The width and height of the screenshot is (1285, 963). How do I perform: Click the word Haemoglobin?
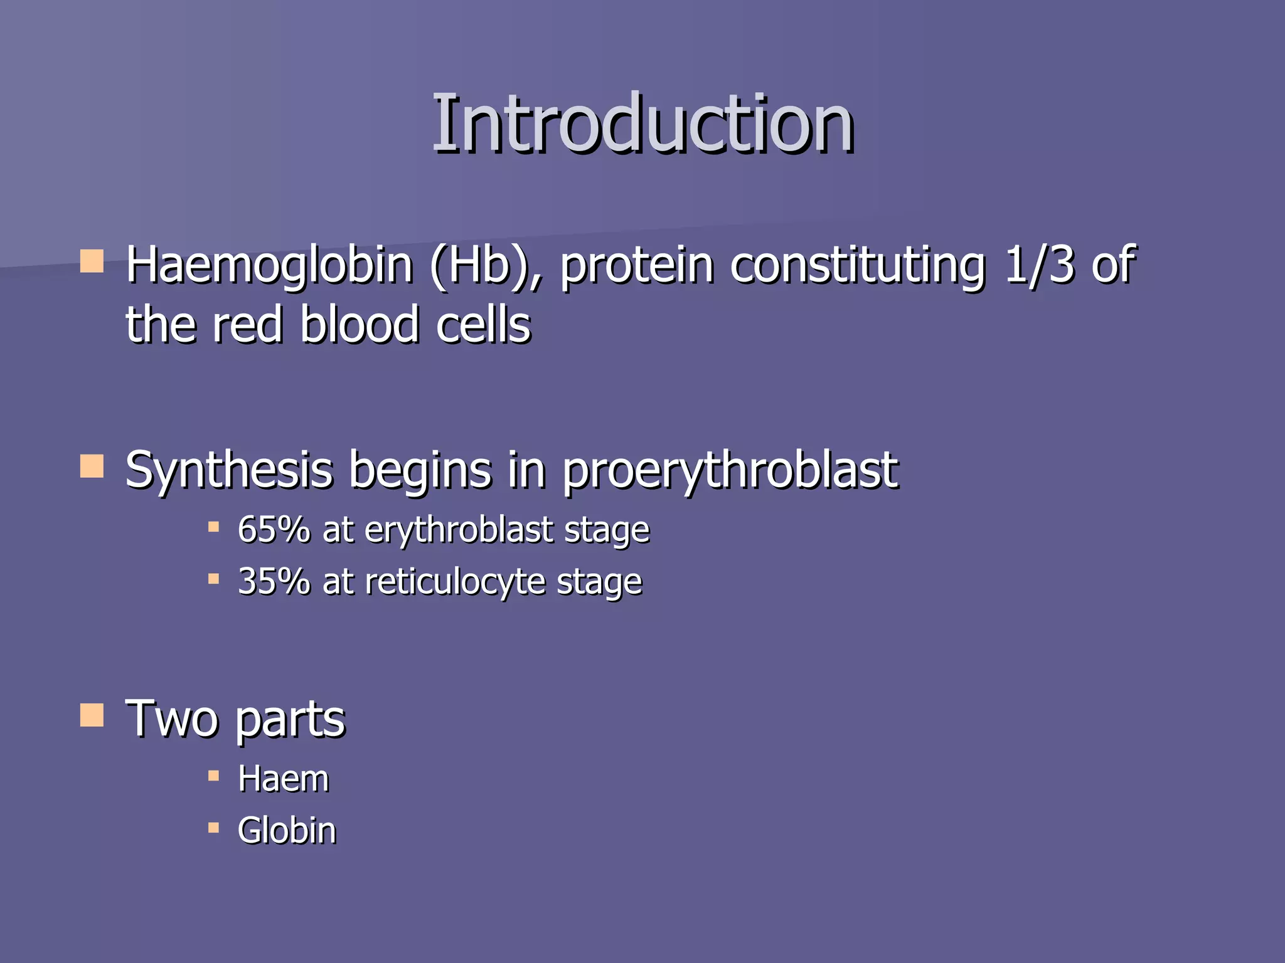pyautogui.click(x=269, y=266)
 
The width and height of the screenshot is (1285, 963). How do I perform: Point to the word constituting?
pyautogui.click(x=858, y=266)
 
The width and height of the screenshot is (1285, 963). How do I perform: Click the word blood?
pyautogui.click(x=360, y=325)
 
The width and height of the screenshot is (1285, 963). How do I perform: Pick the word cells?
pyautogui.click(x=483, y=325)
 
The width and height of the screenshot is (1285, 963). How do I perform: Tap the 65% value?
pyautogui.click(x=274, y=530)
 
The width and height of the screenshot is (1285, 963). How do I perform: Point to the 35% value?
pyautogui.click(x=274, y=581)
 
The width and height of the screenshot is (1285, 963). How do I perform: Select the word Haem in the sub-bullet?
pyautogui.click(x=284, y=779)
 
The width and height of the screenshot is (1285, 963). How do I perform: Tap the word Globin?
pyautogui.click(x=287, y=831)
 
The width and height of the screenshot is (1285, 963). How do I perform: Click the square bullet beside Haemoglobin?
pyautogui.click(x=92, y=261)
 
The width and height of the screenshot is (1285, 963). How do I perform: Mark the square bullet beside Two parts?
pyautogui.click(x=92, y=715)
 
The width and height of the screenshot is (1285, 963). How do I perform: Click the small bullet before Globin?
pyautogui.click(x=213, y=828)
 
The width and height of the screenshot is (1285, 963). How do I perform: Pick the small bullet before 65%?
pyautogui.click(x=213, y=527)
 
